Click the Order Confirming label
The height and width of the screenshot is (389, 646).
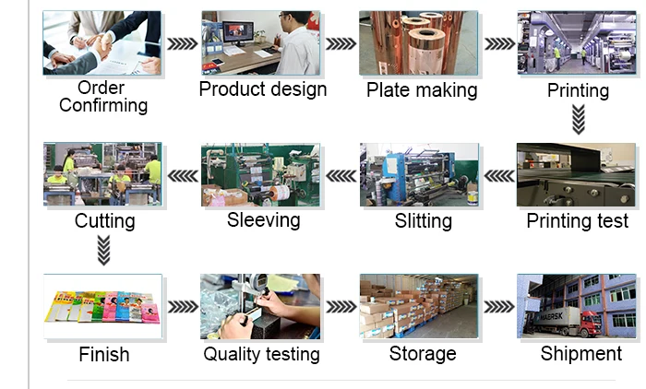click(103, 97)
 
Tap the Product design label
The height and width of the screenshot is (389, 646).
click(263, 89)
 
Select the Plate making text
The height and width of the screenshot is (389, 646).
click(422, 90)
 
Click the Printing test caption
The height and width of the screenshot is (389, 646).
click(578, 221)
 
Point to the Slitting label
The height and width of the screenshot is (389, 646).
click(424, 221)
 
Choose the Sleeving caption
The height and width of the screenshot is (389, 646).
click(264, 220)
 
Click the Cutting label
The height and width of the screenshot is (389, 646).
click(105, 221)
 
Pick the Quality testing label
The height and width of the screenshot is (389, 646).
click(262, 354)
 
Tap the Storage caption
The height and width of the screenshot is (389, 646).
click(423, 354)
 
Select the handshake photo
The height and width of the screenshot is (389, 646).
click(102, 42)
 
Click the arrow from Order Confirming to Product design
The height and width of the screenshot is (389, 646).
click(183, 43)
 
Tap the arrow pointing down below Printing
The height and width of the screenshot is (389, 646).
click(579, 119)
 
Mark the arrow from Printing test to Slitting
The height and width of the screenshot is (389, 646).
click(499, 175)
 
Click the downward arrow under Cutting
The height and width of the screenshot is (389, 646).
click(104, 250)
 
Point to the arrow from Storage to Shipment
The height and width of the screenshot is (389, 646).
click(499, 307)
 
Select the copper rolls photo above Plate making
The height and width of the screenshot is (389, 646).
click(418, 42)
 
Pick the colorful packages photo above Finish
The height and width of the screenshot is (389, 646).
click(102, 306)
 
